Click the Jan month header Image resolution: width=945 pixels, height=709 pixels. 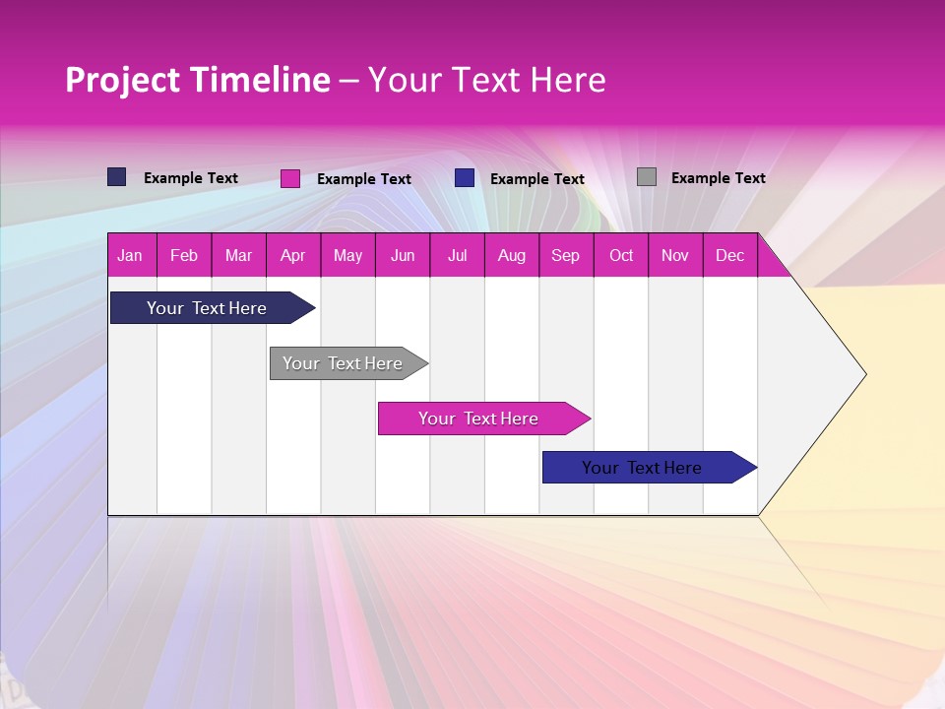pyautogui.click(x=130, y=255)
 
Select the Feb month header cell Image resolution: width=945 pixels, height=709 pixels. pyautogui.click(x=184, y=255)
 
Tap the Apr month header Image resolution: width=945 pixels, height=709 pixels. pyautogui.click(x=292, y=255)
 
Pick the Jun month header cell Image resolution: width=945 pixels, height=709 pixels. pyautogui.click(x=403, y=255)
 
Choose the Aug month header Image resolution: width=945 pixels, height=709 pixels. pyautogui.click(x=511, y=255)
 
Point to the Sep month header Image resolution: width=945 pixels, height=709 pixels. pyautogui.click(x=565, y=255)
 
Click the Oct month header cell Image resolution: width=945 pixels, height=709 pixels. pyautogui.click(x=621, y=255)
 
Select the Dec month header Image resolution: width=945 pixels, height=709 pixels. pyautogui.click(x=729, y=255)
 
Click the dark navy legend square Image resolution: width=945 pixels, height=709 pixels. pyautogui.click(x=117, y=177)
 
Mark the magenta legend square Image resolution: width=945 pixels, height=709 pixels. pyautogui.click(x=290, y=178)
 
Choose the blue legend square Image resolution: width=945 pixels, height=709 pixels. pyautogui.click(x=465, y=178)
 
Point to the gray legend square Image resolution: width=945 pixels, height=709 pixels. pyautogui.click(x=647, y=177)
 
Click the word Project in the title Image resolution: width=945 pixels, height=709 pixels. pyautogui.click(x=122, y=80)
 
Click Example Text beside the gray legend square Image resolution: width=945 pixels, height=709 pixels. pyautogui.click(x=718, y=178)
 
